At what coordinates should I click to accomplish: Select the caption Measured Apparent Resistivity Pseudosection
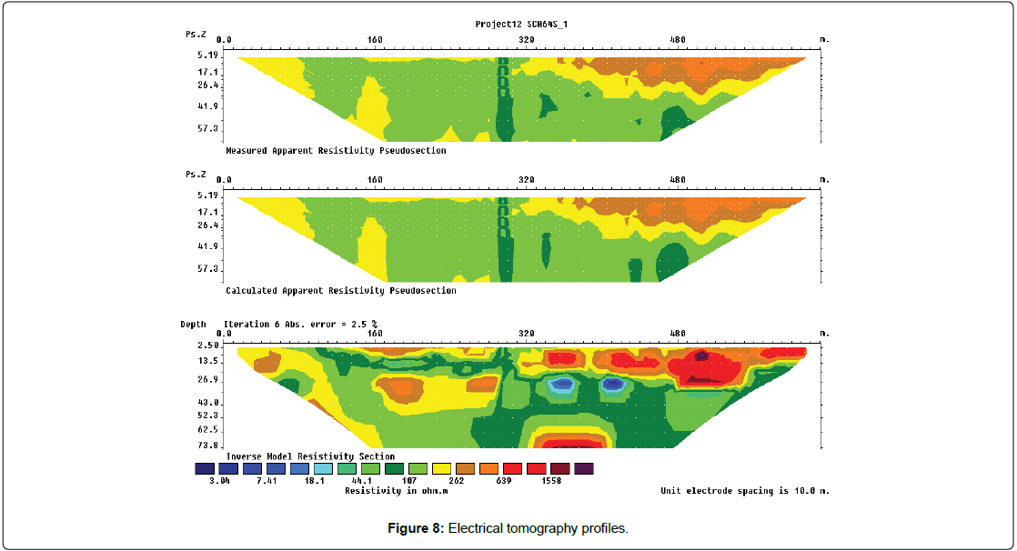pos(336,151)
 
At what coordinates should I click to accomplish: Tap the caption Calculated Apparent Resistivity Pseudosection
pos(340,291)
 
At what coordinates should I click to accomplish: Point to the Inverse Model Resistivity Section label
pos(310,456)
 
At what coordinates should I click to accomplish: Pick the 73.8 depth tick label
pos(208,446)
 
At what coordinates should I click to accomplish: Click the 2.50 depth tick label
pos(208,346)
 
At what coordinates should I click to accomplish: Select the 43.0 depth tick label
pos(208,402)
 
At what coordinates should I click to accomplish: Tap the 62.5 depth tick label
pos(208,429)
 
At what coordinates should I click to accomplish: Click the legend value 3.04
pos(217,481)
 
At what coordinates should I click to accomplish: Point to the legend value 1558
pos(551,481)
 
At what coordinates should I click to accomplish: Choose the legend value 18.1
pos(313,481)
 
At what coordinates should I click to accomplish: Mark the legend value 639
pos(503,481)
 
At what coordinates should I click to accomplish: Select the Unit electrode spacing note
pos(745,491)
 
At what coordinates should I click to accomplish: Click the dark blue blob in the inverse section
pos(613,385)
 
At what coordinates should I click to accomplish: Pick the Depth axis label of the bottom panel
pos(193,325)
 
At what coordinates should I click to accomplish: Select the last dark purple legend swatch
pos(583,468)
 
